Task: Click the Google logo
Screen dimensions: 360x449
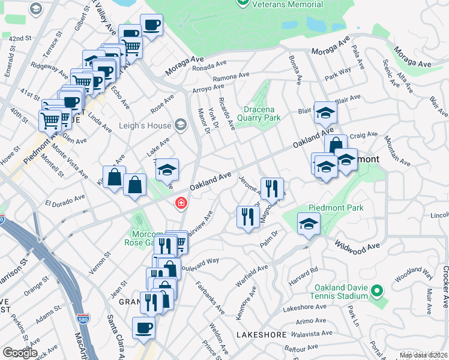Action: [x=20, y=353]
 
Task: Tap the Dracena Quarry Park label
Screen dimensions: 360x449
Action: [x=262, y=113]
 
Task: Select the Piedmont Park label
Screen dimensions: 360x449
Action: [x=328, y=208]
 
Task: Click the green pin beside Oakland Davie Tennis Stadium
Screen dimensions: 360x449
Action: [x=376, y=292]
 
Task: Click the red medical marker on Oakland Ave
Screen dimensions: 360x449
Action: [x=179, y=204]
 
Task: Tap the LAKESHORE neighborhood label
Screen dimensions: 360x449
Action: [x=259, y=334]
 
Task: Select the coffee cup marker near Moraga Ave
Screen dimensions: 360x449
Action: [x=151, y=26]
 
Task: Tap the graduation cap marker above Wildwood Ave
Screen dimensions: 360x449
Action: [x=309, y=223]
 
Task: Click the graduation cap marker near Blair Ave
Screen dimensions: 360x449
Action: [x=325, y=113]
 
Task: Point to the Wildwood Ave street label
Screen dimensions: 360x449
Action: [x=358, y=247]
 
